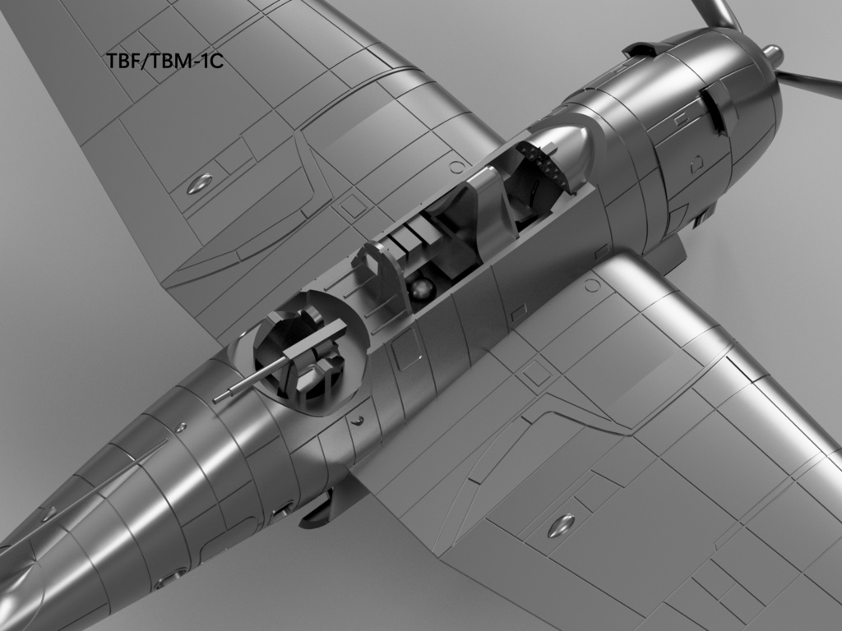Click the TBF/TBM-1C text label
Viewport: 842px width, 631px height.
click(164, 61)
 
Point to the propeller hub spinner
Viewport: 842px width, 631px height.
click(772, 55)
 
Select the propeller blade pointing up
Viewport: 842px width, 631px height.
click(715, 13)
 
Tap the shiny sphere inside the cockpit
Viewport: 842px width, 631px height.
click(423, 289)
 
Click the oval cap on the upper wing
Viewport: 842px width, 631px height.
click(199, 183)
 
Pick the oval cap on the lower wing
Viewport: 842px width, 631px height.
click(561, 525)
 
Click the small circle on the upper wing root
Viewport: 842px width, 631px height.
click(457, 167)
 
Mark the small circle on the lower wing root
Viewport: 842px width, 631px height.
click(591, 286)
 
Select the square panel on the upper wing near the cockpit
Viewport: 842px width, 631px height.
click(354, 205)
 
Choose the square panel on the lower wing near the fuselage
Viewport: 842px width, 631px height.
click(536, 373)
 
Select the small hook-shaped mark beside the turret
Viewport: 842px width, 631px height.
click(358, 420)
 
